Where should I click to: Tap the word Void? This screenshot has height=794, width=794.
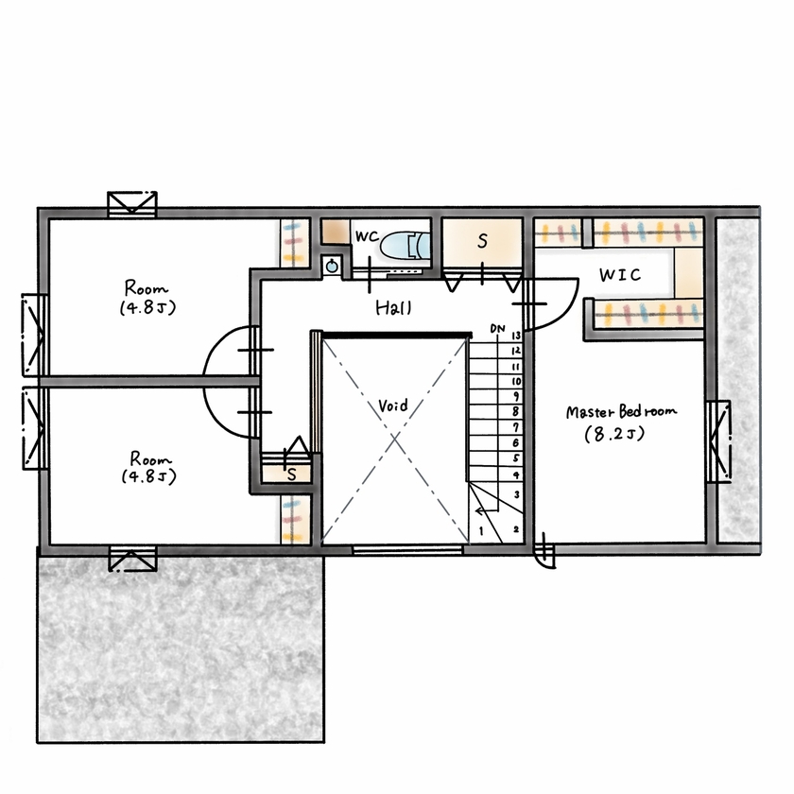coord(393,406)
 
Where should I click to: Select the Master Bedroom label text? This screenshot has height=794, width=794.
coord(622,413)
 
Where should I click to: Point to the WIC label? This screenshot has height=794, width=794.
coord(620,275)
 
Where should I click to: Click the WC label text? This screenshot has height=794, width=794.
coord(366,233)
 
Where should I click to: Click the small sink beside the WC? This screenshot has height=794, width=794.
coord(331,267)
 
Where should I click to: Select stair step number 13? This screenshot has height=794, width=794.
coord(516,335)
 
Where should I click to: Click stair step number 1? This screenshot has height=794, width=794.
coord(483,531)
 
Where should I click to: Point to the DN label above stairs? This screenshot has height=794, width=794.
coord(497,328)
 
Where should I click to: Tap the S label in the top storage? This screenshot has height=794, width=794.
coord(481,242)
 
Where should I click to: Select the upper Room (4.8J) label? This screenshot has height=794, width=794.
coord(146,297)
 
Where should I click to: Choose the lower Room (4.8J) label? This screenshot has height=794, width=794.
coord(147,466)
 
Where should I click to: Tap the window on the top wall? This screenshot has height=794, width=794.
coord(131,204)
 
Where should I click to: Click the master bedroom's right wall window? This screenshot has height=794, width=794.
coord(718,441)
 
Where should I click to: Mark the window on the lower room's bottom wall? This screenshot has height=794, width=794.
coord(132,559)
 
